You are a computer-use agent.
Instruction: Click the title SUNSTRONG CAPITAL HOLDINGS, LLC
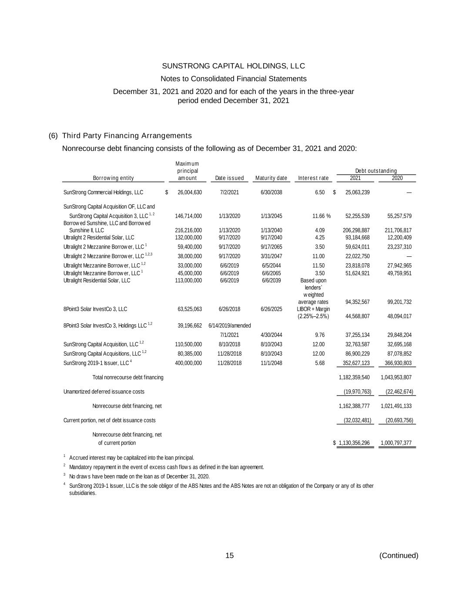pos(233,66)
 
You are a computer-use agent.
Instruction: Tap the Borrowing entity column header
pos(113,178)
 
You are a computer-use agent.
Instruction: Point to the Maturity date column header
pos(271,178)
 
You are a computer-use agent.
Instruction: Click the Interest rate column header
pos(313,178)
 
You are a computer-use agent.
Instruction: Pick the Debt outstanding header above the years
pos(376,171)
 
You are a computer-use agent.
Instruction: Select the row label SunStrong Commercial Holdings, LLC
pos(103,192)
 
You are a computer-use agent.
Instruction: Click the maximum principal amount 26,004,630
pos(190,192)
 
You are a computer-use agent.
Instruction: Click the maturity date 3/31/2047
pos(271,256)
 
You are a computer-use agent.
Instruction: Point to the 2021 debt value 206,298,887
pos(354,230)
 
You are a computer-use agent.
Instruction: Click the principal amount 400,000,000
pos(188,363)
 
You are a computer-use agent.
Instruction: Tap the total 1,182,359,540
pos(354,377)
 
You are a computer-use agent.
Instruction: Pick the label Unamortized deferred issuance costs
pos(104,392)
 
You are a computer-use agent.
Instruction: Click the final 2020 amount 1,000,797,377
pos(396,443)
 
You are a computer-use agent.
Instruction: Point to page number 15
pos(229,556)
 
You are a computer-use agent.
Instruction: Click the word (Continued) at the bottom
pos(399,556)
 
